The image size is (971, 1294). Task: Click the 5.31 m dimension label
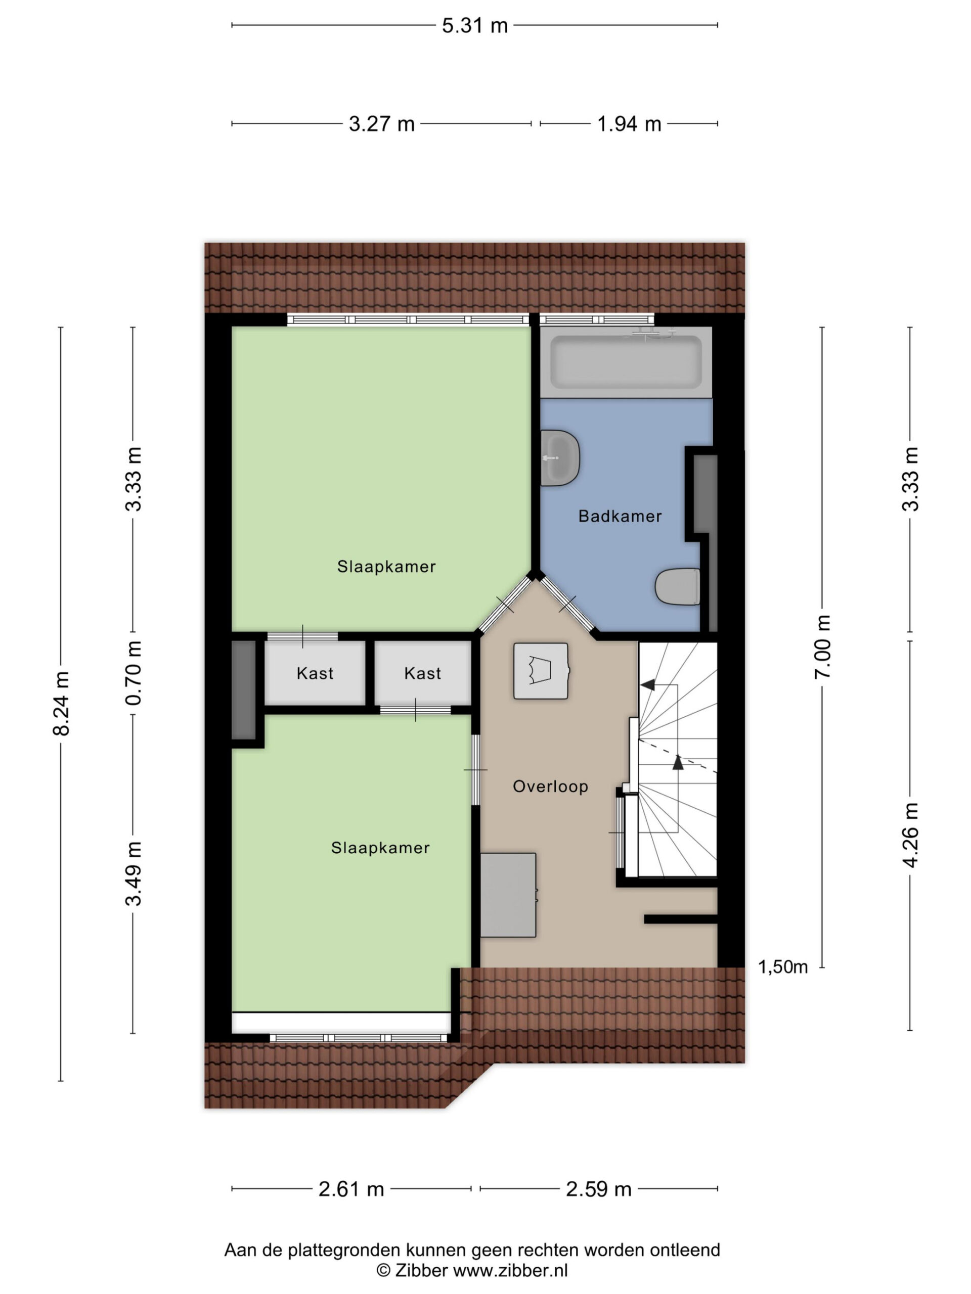click(475, 26)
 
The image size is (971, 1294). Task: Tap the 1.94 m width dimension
click(629, 124)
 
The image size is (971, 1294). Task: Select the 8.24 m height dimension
click(62, 703)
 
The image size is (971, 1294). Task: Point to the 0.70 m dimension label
click(134, 673)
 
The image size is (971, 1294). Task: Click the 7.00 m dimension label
click(822, 646)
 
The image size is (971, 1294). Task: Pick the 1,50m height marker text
click(783, 967)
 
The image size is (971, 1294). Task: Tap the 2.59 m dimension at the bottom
click(599, 1189)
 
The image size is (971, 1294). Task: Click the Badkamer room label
click(620, 516)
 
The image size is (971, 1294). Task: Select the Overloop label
click(550, 787)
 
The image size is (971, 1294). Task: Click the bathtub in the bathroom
click(626, 363)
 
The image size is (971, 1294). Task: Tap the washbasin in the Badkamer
click(559, 458)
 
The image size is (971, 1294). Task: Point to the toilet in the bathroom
click(677, 587)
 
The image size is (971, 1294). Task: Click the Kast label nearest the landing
click(423, 673)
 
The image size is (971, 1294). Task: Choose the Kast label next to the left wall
click(315, 673)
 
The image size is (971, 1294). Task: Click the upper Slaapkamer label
click(386, 566)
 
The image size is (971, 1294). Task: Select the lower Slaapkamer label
click(380, 848)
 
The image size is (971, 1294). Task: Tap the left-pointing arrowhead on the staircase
click(647, 684)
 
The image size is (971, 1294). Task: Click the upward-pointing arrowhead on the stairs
click(678, 762)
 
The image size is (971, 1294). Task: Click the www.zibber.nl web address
click(510, 1271)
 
